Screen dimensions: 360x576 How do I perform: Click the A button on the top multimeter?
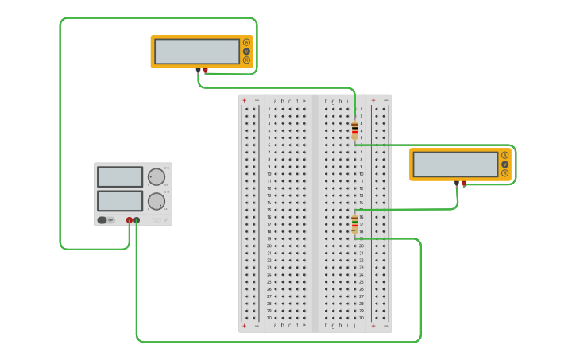pos(246,42)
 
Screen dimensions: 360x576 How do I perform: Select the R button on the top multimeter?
pos(246,60)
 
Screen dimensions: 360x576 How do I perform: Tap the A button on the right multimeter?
pos(505,155)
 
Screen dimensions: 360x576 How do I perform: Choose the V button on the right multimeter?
pos(505,164)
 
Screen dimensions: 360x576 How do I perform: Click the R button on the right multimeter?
pos(505,172)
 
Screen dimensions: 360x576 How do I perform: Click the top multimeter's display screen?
pos(197,52)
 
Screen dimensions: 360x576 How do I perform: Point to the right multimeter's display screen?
pos(455,165)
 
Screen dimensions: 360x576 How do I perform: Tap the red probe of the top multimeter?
pos(205,71)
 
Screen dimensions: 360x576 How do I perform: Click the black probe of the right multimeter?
pos(456,184)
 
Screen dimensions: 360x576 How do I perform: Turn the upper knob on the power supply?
pos(157,176)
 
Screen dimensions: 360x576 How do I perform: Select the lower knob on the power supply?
pos(157,200)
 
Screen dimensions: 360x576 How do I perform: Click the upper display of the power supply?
pos(120,176)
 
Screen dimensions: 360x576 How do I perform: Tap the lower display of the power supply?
pos(120,200)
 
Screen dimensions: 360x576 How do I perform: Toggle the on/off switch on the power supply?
pos(103,220)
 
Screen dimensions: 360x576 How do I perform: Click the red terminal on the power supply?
pos(130,220)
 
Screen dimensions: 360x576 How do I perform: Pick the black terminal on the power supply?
pos(137,220)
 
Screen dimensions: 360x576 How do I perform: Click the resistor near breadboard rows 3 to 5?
pos(354,130)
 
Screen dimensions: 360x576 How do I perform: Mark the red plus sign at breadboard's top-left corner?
pos(244,101)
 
